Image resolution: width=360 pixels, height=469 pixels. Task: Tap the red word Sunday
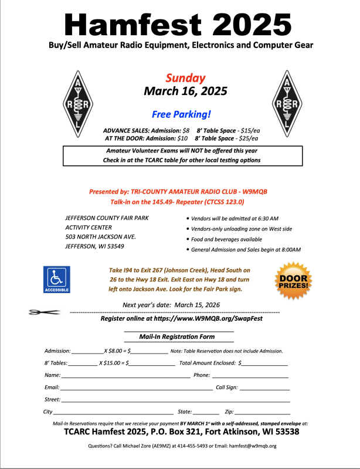(185, 78)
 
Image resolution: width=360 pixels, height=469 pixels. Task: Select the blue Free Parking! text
(181, 114)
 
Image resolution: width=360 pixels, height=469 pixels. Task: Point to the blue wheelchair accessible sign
(57, 279)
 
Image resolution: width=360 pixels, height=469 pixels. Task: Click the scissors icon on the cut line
(43, 312)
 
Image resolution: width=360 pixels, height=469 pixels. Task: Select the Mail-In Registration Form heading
(176, 337)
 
